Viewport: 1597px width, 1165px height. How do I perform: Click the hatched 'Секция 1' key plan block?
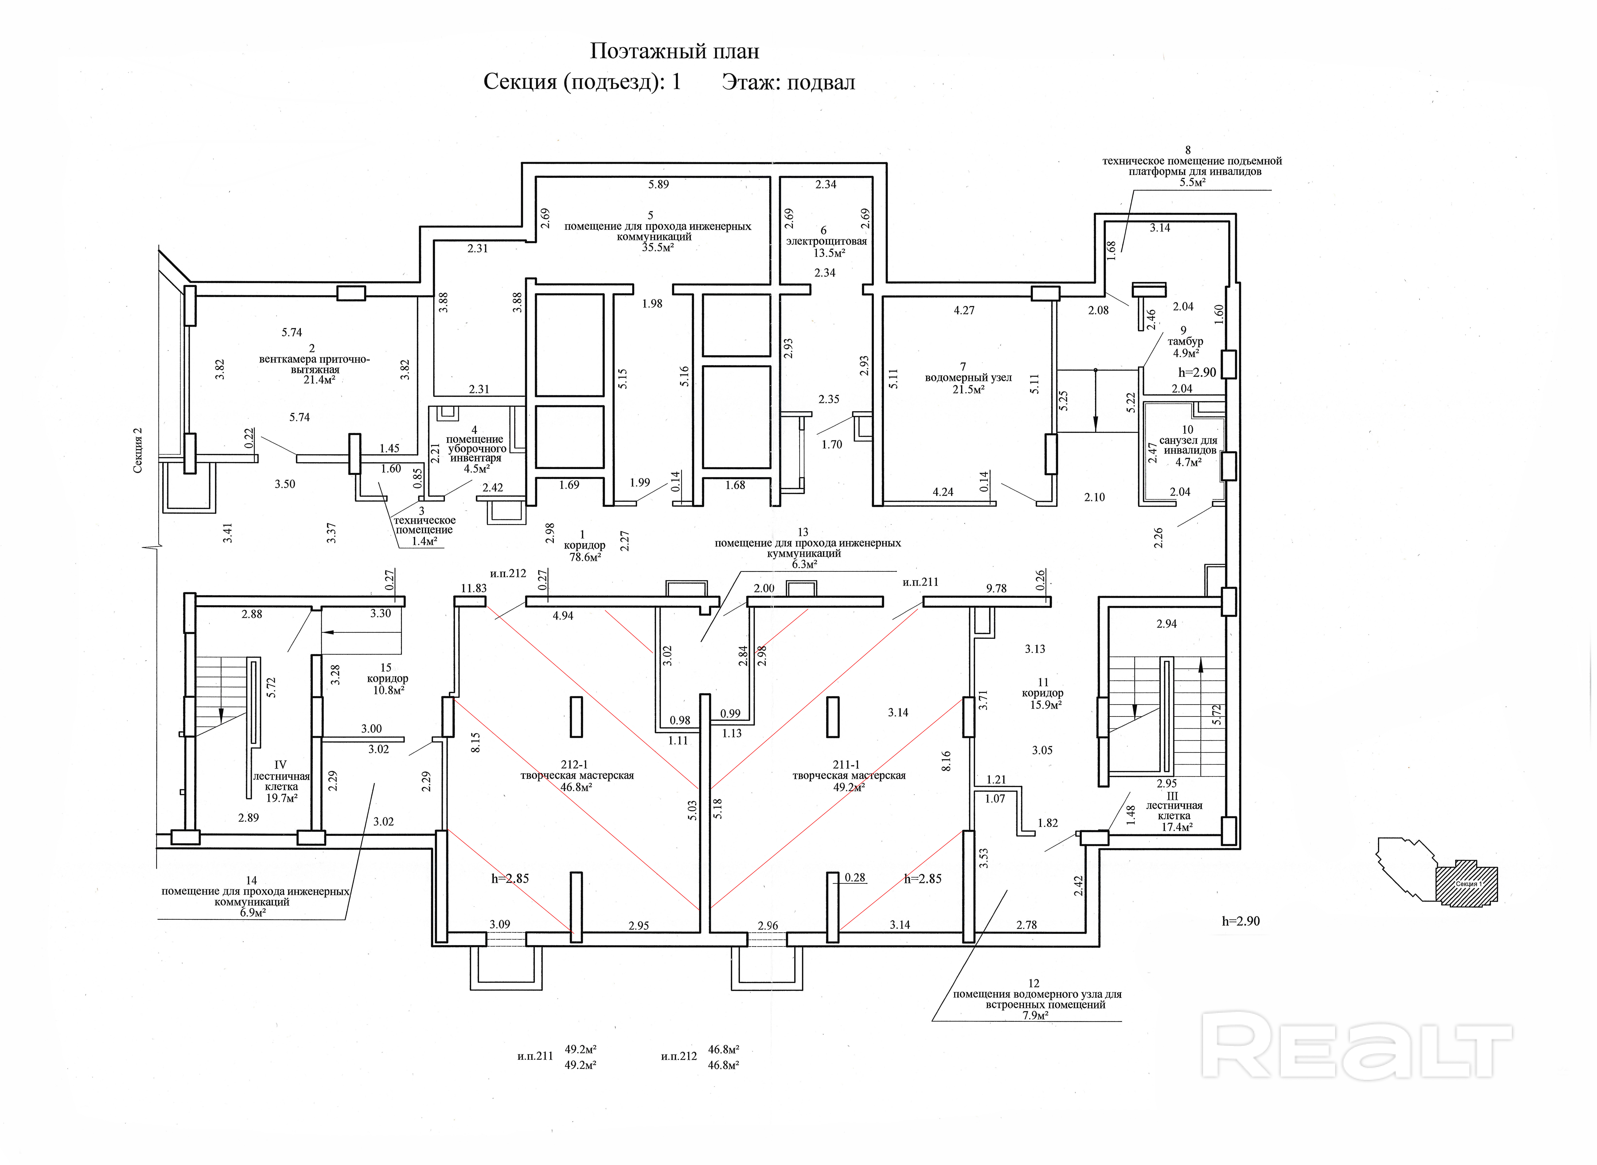coord(1467,883)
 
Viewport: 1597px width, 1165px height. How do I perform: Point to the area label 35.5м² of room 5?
coord(658,248)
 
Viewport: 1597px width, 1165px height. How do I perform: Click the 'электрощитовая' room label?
coord(826,241)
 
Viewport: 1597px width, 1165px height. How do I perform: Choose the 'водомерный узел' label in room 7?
coord(968,378)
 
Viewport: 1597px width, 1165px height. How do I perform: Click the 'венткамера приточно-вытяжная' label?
coord(314,364)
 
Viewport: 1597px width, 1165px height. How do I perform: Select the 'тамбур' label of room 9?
coord(1185,341)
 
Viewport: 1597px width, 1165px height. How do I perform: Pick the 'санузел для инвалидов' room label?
coord(1189,445)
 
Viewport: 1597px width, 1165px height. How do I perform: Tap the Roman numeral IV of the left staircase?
coord(280,764)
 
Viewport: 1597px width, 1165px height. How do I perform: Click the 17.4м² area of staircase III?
coord(1177,827)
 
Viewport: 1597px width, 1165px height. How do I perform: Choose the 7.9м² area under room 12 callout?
coord(1035,1016)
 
